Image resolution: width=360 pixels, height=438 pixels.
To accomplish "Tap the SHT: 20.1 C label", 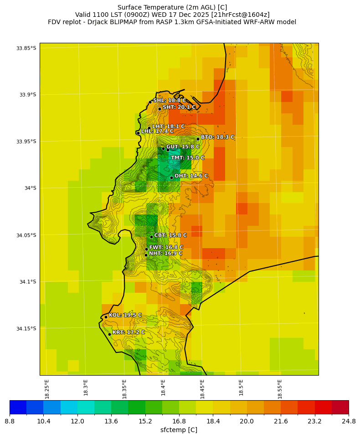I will tap(179, 107).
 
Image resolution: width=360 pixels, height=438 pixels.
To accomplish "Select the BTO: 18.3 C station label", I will tap(217, 137).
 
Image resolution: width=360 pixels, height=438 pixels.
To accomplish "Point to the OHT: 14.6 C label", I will tap(191, 176).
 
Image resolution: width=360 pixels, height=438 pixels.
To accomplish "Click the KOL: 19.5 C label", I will tap(125, 315).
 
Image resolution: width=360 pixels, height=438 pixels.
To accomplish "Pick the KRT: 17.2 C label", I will tap(129, 333).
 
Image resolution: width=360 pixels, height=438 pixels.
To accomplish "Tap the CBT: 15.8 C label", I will tap(170, 235).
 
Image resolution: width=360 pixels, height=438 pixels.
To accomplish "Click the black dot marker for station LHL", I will tap(138, 133).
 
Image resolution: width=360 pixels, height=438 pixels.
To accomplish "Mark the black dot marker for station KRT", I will tap(109, 334).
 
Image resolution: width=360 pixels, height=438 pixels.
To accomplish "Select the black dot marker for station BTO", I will tap(198, 139).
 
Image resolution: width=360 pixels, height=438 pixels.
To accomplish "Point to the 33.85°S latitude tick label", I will tap(26, 48).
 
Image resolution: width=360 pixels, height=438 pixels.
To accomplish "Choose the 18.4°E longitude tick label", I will tap(163, 388).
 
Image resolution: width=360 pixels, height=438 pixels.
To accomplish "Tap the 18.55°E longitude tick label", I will tap(280, 388).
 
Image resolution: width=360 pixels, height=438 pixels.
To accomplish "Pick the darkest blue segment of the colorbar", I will tap(18, 407).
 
